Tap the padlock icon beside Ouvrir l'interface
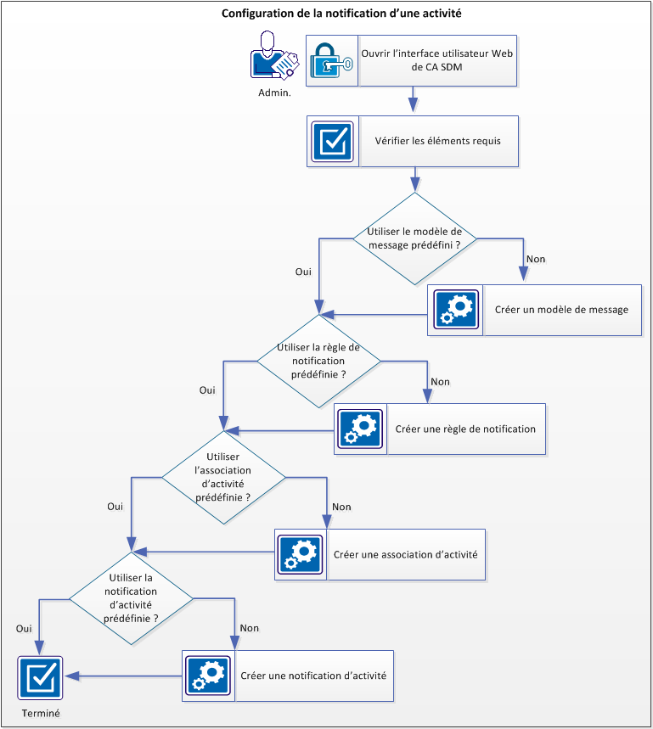[331, 61]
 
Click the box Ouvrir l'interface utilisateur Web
[437, 61]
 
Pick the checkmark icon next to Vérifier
[332, 141]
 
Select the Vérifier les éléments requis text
[437, 141]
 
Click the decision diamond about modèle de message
[415, 238]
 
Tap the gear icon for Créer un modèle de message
[456, 310]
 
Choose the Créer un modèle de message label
[561, 310]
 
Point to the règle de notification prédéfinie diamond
[318, 361]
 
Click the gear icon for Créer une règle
[361, 429]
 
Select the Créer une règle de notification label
[465, 429]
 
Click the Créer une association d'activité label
[406, 555]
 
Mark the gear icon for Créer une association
[300, 555]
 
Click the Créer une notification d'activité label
[314, 676]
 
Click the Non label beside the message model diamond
[536, 259]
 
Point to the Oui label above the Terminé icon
[24, 629]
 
